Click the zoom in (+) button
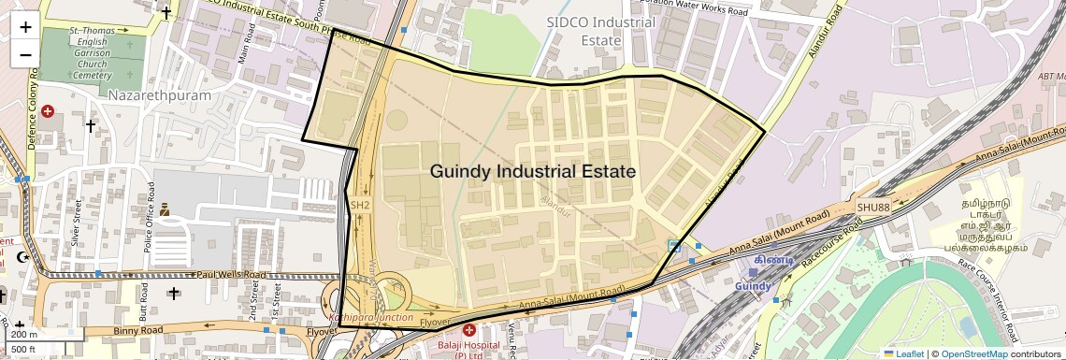click(x=25, y=26)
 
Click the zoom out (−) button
click(x=25, y=54)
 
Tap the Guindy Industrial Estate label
click(x=533, y=172)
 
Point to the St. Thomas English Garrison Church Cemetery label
click(x=91, y=53)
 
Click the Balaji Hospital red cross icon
click(x=469, y=331)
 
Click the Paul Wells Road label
click(x=231, y=275)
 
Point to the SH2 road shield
click(x=361, y=204)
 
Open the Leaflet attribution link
click(x=904, y=353)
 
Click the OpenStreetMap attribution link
click(x=973, y=353)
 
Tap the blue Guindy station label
click(x=754, y=285)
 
